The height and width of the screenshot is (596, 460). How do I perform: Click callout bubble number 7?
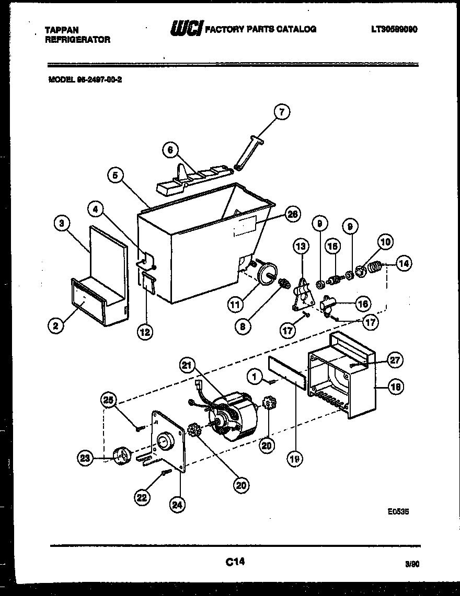(x=282, y=112)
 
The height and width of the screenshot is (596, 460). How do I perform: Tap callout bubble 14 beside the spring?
(x=404, y=264)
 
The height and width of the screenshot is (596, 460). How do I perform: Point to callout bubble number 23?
(x=84, y=458)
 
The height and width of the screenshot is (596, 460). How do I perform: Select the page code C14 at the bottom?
(x=235, y=562)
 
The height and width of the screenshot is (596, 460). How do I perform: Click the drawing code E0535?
(x=398, y=512)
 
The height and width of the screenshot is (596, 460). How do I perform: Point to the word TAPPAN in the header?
(x=62, y=30)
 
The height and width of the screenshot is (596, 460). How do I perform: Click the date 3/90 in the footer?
(x=411, y=564)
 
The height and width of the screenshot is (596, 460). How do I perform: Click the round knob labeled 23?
(x=121, y=457)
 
